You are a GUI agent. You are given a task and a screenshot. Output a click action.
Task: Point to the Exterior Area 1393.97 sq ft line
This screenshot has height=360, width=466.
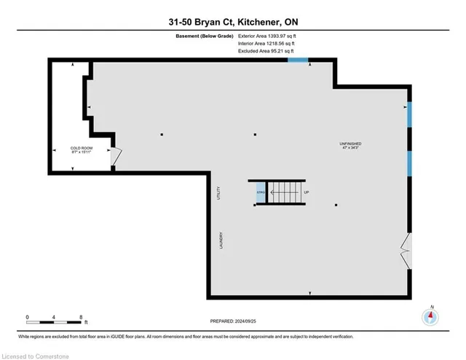point(269,36)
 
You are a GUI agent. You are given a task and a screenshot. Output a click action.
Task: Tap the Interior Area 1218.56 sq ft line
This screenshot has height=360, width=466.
point(267,44)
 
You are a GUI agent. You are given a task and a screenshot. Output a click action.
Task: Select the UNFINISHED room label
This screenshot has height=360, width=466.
point(349,144)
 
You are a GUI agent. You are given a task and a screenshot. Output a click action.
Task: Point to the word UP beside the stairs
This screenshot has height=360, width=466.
point(307,192)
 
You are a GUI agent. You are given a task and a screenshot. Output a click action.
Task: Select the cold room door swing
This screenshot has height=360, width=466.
point(115,155)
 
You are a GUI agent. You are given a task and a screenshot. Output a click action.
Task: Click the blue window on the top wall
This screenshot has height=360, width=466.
point(297,59)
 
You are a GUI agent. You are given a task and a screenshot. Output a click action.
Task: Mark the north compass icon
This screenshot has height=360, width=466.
point(431,317)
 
